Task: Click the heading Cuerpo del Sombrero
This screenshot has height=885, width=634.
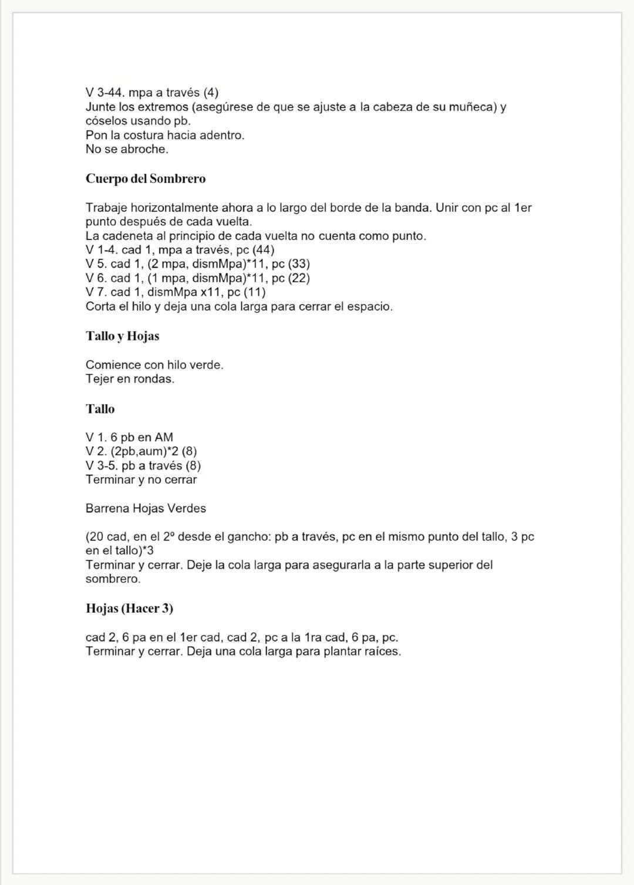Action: pos(146,178)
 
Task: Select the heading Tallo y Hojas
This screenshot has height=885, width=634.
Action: pos(122,336)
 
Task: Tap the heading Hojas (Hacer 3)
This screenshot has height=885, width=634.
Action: pos(129,609)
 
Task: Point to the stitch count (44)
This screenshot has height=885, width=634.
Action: pos(263,250)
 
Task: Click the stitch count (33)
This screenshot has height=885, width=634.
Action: pos(299,264)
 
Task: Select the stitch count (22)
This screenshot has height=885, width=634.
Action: pos(299,278)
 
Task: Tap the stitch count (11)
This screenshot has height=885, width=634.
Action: pos(254,292)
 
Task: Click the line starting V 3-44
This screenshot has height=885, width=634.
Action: pos(152,93)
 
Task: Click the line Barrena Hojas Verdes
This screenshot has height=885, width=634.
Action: pos(146,508)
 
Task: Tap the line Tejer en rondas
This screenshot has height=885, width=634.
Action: pos(130,379)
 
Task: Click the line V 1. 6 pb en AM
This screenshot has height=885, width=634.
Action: pos(129,437)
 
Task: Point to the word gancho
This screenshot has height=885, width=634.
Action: pos(251,536)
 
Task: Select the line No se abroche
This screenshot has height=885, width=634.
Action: pos(127,149)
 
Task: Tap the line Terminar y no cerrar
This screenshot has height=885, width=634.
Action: pos(141,479)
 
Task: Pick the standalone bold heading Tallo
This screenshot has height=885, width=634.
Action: pos(100,409)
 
